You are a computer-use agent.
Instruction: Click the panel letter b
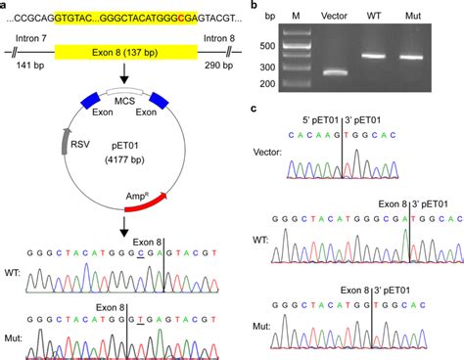pos(256,6)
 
